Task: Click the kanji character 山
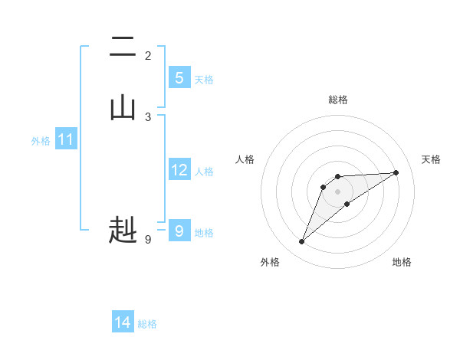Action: (123, 108)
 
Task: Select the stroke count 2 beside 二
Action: (148, 56)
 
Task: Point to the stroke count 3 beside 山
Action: (148, 117)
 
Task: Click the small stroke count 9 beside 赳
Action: (148, 240)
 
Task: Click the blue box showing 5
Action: (179, 78)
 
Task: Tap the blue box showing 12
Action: (179, 170)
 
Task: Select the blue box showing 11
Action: (66, 139)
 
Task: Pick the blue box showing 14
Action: (123, 322)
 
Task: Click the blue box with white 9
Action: (179, 231)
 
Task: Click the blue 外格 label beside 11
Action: (41, 141)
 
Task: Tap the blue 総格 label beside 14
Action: (147, 324)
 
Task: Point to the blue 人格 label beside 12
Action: (204, 172)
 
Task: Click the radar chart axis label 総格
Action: (338, 100)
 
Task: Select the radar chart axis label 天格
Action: (431, 159)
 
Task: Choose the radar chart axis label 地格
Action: (402, 262)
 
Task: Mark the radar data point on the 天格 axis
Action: (396, 172)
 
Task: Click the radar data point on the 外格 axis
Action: (301, 242)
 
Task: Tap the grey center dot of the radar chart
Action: (338, 191)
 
